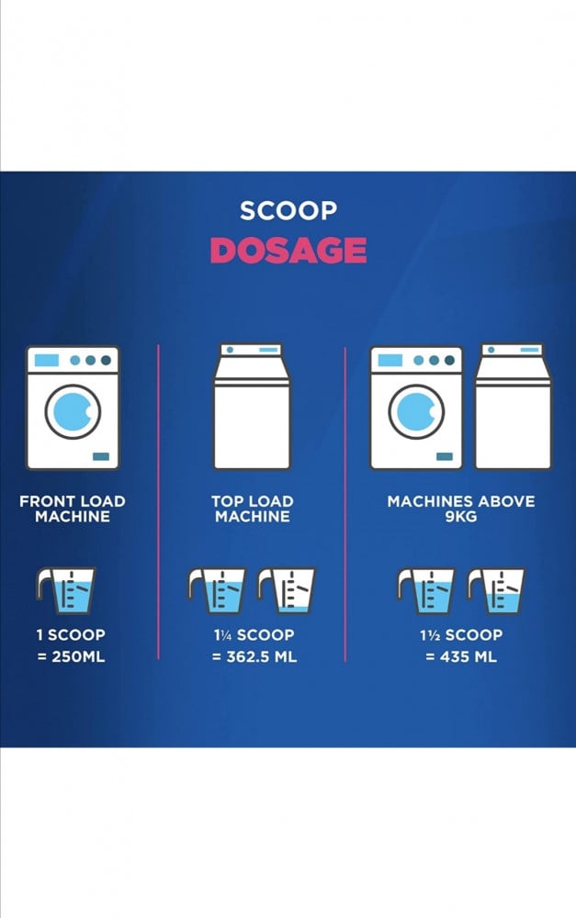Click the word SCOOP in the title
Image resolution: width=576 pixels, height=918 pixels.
pos(288,211)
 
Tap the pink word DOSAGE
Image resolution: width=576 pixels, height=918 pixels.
pos(288,251)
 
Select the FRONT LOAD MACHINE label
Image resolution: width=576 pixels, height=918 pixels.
pos(72,509)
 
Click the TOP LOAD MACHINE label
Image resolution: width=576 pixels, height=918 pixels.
pos(252,509)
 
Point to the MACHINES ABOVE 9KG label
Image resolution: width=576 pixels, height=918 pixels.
pos(461,509)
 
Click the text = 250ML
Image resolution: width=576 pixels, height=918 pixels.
pos(71,657)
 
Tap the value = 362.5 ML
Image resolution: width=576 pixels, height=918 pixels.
pos(254,657)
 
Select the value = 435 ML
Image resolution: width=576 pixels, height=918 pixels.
pos(461,657)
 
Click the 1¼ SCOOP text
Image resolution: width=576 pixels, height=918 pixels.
pos(254,635)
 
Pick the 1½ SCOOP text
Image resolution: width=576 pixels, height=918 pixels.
pos(461,635)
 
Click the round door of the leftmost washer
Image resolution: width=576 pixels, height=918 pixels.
pos(73,411)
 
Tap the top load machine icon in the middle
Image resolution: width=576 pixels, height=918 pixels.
pos(252,407)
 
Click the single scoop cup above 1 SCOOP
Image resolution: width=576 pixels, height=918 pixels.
pos(66,590)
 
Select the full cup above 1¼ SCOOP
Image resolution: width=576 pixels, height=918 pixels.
pos(218,590)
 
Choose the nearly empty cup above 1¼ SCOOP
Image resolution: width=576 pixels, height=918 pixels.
pos(287,590)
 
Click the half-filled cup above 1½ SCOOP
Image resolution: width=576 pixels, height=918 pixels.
pos(497,590)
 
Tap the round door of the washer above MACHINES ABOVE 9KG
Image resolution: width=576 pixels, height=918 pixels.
pos(417,411)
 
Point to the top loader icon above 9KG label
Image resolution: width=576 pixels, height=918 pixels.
pos(514,407)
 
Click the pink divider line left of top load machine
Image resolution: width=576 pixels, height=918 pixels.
pos(158,502)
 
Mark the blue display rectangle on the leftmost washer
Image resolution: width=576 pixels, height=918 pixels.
pos(46,360)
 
